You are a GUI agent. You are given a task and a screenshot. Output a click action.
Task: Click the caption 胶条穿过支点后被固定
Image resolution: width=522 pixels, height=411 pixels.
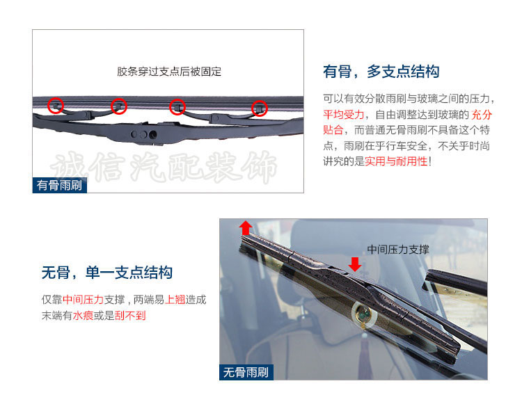169,72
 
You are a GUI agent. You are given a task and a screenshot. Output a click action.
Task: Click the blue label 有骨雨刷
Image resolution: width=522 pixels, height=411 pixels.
60,185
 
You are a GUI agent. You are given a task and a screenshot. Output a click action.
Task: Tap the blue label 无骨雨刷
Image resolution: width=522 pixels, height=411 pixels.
246,372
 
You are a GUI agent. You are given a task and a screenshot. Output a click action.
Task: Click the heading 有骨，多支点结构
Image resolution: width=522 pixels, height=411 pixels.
381,72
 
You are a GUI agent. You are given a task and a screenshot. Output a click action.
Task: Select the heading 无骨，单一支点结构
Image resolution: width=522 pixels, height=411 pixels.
107,273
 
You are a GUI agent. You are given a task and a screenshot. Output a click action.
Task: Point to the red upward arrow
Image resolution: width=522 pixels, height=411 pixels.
246,228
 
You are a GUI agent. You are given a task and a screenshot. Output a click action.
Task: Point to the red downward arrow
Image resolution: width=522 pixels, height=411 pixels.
355,264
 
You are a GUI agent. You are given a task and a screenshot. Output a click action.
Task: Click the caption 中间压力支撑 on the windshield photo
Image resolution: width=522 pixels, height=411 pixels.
398,249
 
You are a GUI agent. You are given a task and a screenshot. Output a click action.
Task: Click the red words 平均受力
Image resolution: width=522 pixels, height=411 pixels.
344,114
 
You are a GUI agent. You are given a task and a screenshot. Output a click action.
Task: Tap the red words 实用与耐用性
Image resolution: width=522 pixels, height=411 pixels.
396,161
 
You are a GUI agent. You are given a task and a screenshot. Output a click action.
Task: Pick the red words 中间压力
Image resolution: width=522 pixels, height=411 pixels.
84,300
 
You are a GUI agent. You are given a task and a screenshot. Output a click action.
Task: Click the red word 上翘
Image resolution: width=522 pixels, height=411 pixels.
175,300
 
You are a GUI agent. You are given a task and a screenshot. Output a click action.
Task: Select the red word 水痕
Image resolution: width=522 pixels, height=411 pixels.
83,315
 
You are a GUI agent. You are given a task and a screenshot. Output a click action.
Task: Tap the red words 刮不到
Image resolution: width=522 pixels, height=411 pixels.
130,315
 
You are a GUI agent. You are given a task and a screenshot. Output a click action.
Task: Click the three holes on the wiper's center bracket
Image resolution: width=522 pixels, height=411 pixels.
143,134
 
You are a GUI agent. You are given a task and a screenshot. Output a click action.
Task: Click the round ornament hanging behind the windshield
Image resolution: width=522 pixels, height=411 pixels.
363,314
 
